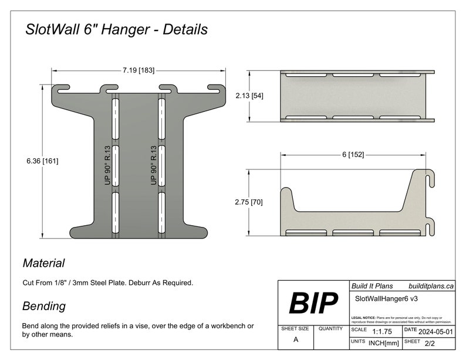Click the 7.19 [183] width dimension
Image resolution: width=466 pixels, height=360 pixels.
(139, 70)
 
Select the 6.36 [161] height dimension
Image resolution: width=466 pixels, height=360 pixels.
(42, 160)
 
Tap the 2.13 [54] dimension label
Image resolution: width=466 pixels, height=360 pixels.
(249, 96)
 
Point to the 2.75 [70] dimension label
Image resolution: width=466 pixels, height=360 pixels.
(249, 202)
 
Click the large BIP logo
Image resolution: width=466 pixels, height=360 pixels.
(313, 303)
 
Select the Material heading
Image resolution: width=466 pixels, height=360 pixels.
(43, 263)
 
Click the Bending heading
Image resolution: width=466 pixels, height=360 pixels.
(43, 306)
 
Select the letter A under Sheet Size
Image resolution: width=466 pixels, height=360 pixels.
(295, 339)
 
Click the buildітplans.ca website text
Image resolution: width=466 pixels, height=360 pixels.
(431, 286)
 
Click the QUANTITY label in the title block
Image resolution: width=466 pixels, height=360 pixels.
(330, 329)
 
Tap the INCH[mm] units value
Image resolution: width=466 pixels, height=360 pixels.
(384, 342)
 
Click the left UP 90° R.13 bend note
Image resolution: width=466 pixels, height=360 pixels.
(107, 165)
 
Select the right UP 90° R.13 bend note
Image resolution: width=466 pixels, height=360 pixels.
(153, 165)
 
